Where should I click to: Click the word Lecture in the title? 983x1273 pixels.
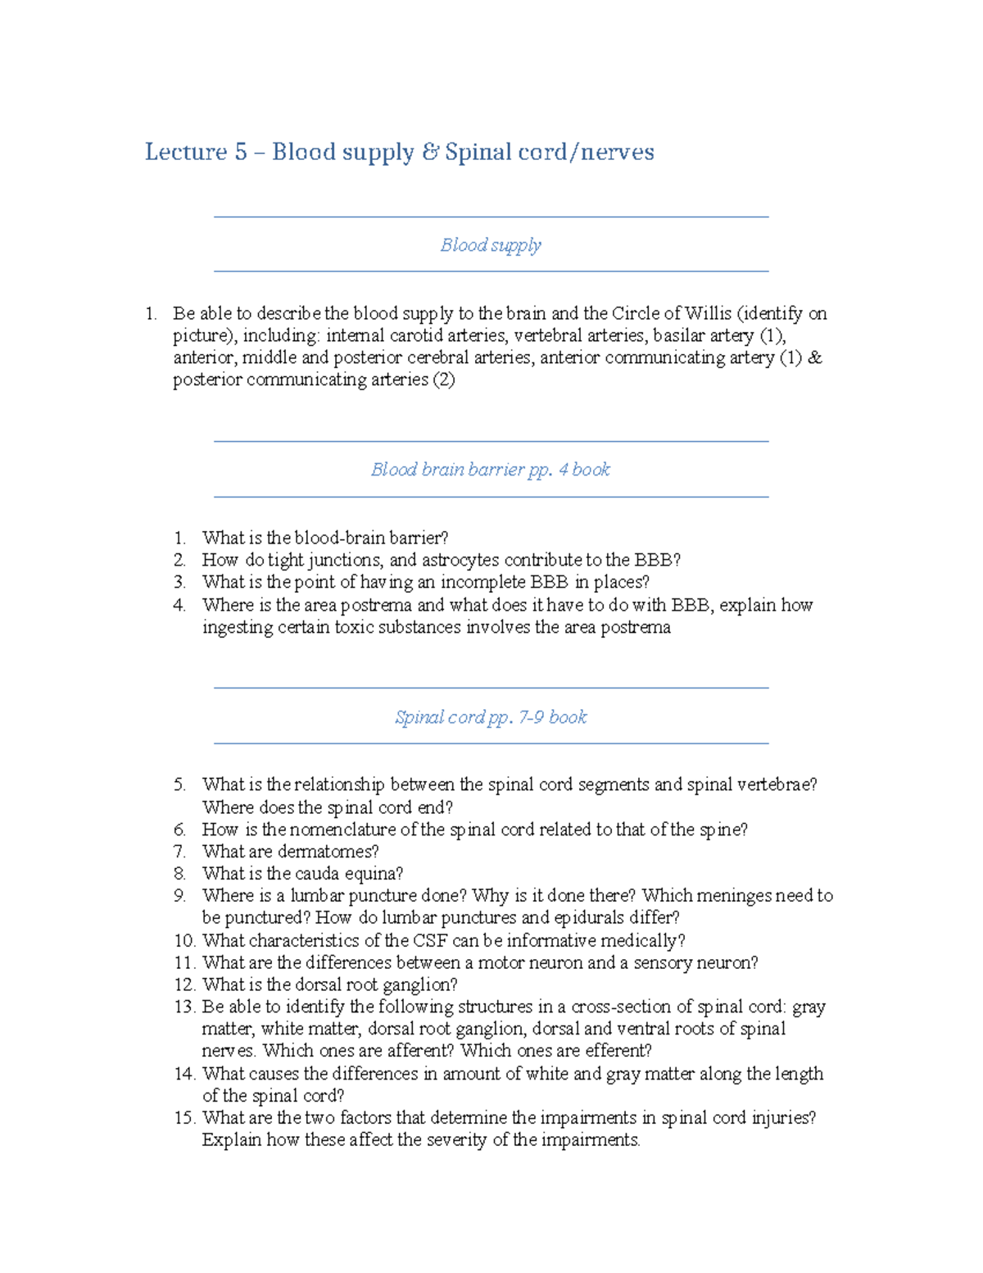pos(186,152)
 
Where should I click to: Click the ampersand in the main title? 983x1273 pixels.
pos(429,152)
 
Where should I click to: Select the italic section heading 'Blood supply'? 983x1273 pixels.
pos(491,245)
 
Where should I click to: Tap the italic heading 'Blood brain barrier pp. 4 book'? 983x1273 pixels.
pos(491,470)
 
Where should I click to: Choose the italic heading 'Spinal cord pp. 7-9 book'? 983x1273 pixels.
pos(491,717)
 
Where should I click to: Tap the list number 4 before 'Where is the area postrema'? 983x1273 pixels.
pos(179,606)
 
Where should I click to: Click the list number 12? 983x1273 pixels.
pos(184,985)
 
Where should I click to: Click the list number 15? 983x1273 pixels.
pos(184,1118)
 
